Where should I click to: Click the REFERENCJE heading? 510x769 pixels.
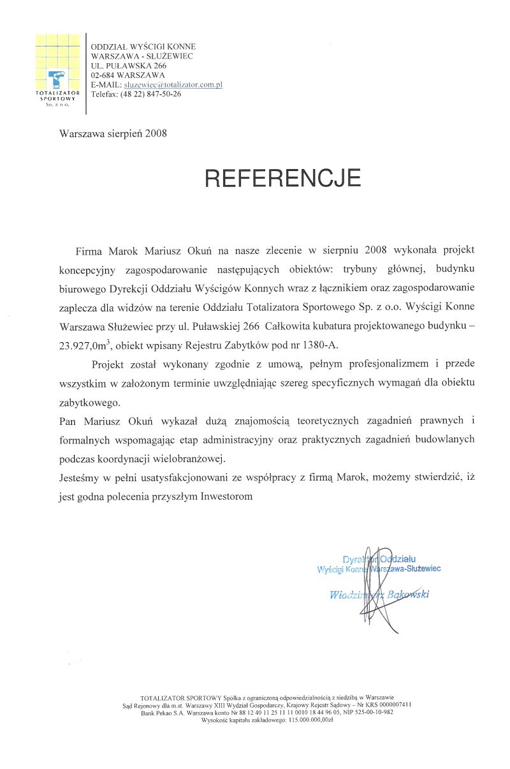point(283,178)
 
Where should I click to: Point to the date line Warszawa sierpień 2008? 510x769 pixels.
point(113,134)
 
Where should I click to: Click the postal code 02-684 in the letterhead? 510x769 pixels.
point(104,75)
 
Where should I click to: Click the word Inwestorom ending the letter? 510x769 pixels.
point(228,496)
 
